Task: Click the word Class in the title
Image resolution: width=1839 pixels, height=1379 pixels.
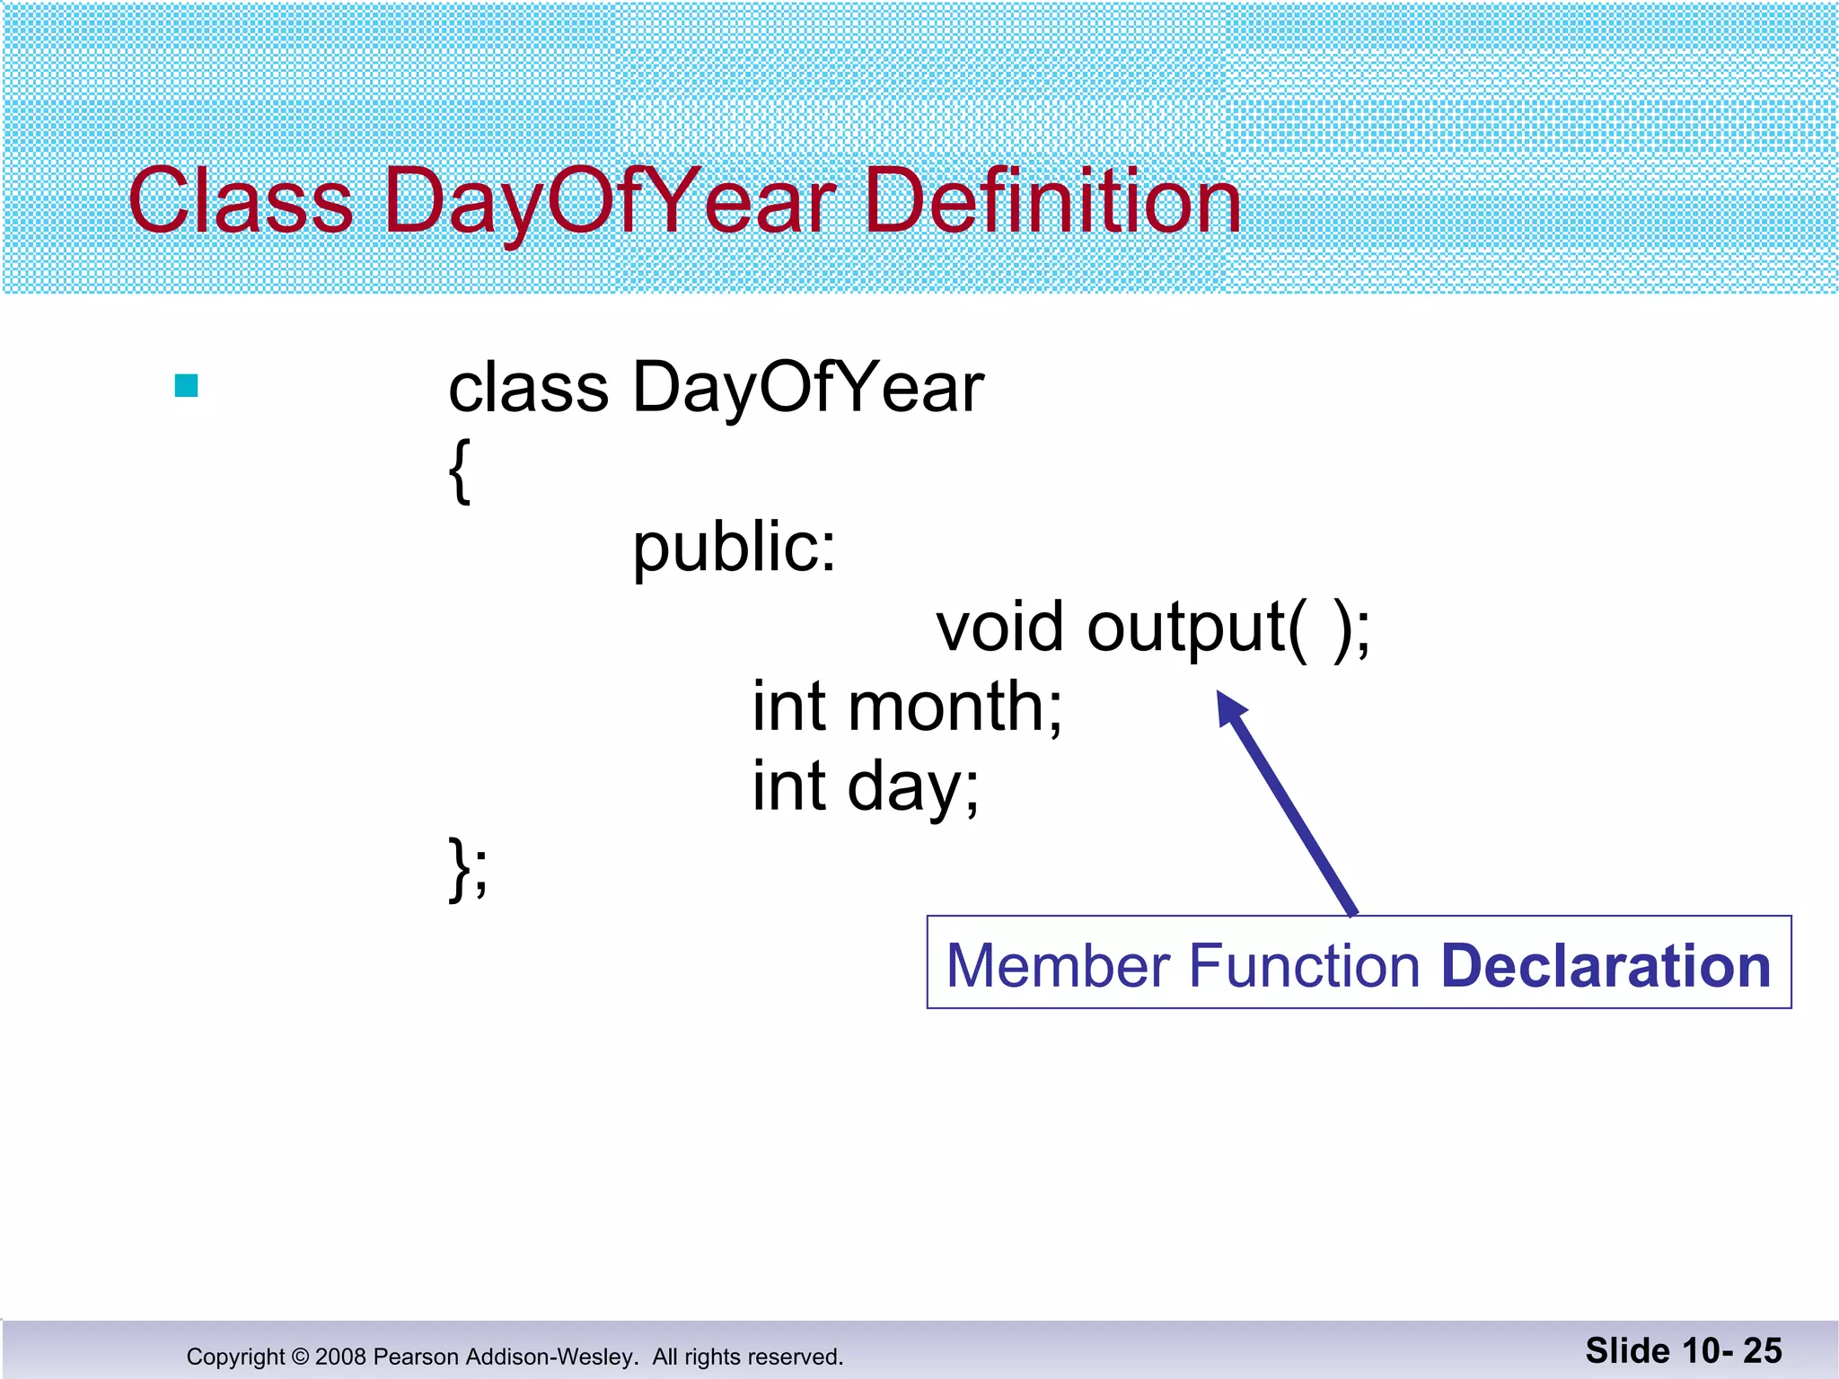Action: pyautogui.click(x=241, y=201)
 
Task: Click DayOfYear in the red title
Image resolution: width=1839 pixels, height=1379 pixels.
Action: pyautogui.click(x=610, y=201)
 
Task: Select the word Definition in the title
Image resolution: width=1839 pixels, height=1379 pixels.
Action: pyautogui.click(x=1051, y=201)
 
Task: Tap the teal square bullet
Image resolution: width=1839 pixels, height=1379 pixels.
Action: pyautogui.click(x=187, y=386)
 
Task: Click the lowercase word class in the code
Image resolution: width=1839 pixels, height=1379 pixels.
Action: pyautogui.click(x=528, y=388)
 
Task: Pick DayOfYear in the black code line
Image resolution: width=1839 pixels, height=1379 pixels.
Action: pyautogui.click(x=807, y=388)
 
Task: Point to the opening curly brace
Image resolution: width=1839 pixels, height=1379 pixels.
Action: pyautogui.click(x=459, y=470)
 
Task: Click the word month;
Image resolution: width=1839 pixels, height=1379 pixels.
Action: pyautogui.click(x=955, y=707)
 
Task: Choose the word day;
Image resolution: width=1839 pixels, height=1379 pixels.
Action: pyautogui.click(x=913, y=786)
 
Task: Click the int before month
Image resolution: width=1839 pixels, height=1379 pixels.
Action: pyautogui.click(x=788, y=707)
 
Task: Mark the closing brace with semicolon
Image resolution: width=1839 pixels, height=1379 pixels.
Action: pyautogui.click(x=468, y=867)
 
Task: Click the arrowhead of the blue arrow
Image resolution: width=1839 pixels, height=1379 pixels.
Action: pyautogui.click(x=1230, y=707)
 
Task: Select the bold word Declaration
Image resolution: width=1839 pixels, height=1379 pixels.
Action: pyautogui.click(x=1606, y=966)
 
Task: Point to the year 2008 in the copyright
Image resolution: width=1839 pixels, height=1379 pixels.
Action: pyautogui.click(x=340, y=1357)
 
